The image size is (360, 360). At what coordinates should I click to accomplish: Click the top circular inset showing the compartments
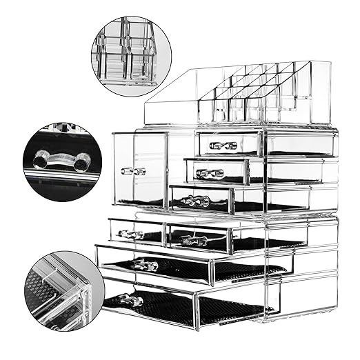click(x=130, y=52)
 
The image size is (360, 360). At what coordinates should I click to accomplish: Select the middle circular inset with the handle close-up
click(x=62, y=162)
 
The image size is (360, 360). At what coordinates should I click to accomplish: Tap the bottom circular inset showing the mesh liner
click(x=62, y=290)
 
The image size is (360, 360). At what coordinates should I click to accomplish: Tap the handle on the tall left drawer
click(x=133, y=170)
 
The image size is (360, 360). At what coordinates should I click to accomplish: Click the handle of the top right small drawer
click(x=223, y=146)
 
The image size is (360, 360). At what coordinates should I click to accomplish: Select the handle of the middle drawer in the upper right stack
click(x=209, y=173)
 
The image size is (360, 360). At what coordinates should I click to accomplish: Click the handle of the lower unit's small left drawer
click(x=131, y=234)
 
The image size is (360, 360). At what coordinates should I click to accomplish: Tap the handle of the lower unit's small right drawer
click(x=194, y=241)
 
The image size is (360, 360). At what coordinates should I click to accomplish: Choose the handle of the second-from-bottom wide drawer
click(x=146, y=264)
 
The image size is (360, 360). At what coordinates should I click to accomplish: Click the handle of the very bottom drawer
click(x=130, y=300)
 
